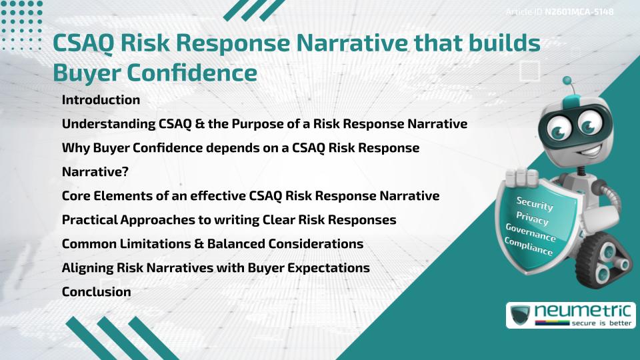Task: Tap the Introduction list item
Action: [x=101, y=100]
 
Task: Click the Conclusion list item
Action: [x=96, y=291]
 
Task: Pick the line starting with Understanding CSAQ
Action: [x=264, y=124]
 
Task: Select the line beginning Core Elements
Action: [x=250, y=196]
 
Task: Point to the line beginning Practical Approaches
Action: [x=229, y=220]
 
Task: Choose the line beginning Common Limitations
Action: [x=212, y=244]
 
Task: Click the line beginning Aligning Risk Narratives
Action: [x=215, y=268]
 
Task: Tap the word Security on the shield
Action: [x=535, y=203]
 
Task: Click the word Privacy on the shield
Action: [x=532, y=219]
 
